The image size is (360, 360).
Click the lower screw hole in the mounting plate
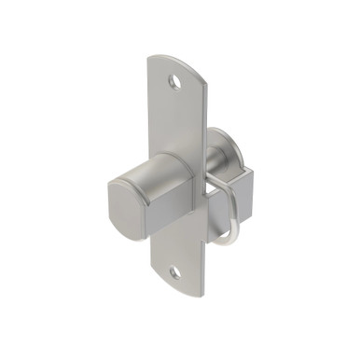click(174, 272)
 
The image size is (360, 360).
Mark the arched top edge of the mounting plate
click(179, 60)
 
